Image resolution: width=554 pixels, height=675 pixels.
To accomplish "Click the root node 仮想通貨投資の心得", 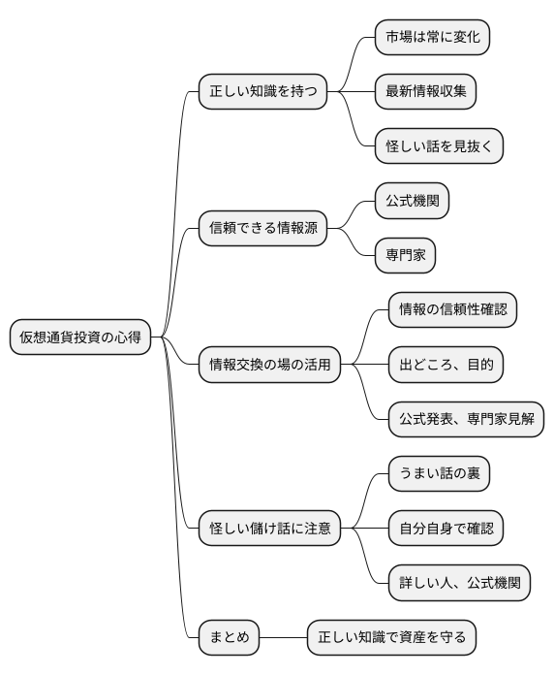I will point(80,337).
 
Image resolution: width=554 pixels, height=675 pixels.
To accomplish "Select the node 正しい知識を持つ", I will point(262,93).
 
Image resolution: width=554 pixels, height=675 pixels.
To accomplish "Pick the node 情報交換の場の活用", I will point(270,365).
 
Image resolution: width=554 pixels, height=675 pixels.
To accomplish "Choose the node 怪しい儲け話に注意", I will point(270,529).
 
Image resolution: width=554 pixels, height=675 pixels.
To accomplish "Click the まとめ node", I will point(230,637).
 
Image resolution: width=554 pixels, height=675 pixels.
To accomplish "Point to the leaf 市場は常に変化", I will point(433,38).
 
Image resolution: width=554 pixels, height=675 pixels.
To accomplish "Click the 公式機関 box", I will point(412,202).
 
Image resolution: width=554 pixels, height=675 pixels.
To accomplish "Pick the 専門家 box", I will point(405,255).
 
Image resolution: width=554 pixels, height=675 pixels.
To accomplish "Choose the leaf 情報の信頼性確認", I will point(452,310).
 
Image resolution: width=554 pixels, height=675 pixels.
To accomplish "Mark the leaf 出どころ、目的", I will point(446,365).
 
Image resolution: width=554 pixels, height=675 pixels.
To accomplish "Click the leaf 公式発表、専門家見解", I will point(466,420).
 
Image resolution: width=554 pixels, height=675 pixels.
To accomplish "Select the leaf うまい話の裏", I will point(439,474).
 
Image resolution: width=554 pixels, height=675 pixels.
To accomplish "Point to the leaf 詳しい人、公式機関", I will point(459,583).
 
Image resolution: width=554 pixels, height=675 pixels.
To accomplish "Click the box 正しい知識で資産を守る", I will point(392,637).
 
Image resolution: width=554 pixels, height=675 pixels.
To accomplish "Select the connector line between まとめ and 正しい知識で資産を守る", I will point(284,637).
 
